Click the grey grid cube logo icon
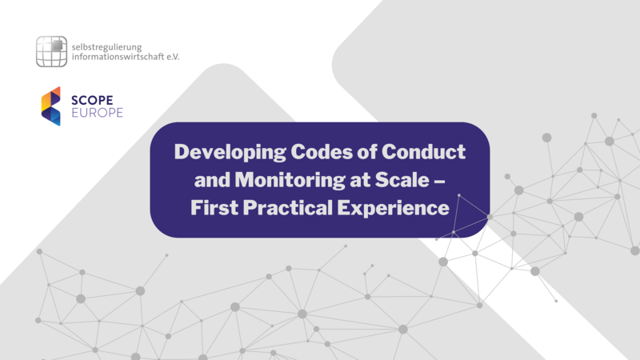(51, 51)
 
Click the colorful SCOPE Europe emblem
(51, 106)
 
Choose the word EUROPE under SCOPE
(98, 113)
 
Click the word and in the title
(201, 180)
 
